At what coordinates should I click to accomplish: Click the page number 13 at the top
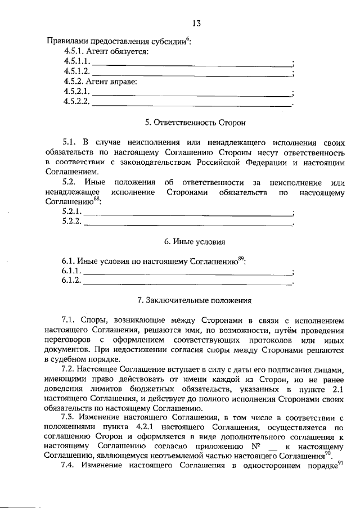(195, 23)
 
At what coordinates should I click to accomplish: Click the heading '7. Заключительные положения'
(195, 300)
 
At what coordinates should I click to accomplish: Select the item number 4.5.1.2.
(76, 71)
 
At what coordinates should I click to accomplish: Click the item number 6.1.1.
(71, 271)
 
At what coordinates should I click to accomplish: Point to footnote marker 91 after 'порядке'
(340, 462)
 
